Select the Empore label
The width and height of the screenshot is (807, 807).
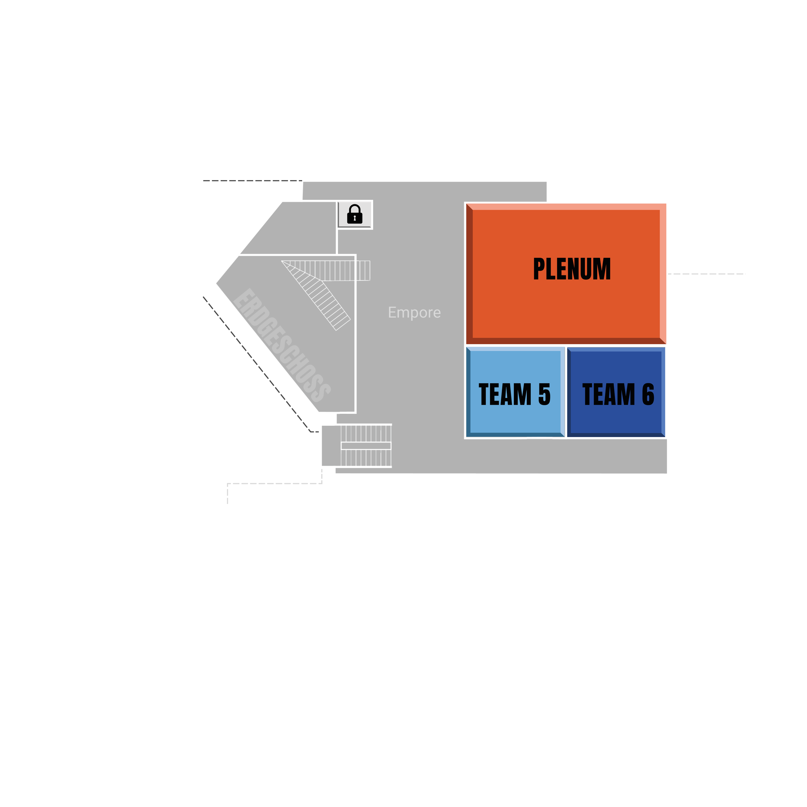[414, 312]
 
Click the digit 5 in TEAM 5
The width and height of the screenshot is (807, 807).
[544, 394]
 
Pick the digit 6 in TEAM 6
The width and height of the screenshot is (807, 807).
[648, 394]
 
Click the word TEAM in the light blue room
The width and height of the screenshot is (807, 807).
[505, 394]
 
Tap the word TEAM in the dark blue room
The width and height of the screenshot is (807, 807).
[608, 394]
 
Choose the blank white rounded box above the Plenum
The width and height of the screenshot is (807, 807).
[577, 154]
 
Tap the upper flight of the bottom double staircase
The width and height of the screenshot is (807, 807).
[366, 434]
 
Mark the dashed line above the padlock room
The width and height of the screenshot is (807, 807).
[252, 181]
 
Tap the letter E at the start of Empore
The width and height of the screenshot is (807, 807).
[391, 312]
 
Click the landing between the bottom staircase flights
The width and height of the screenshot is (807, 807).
[366, 446]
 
